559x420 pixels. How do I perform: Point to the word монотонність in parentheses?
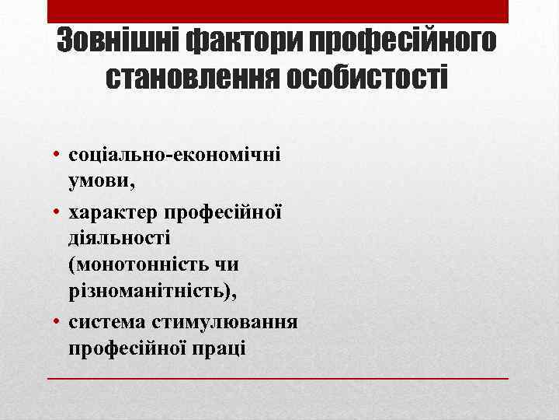pos(137,264)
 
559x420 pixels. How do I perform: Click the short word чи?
pos(226,264)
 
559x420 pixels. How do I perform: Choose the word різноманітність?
pos(152,292)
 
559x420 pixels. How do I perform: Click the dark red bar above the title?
pos(278,11)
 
